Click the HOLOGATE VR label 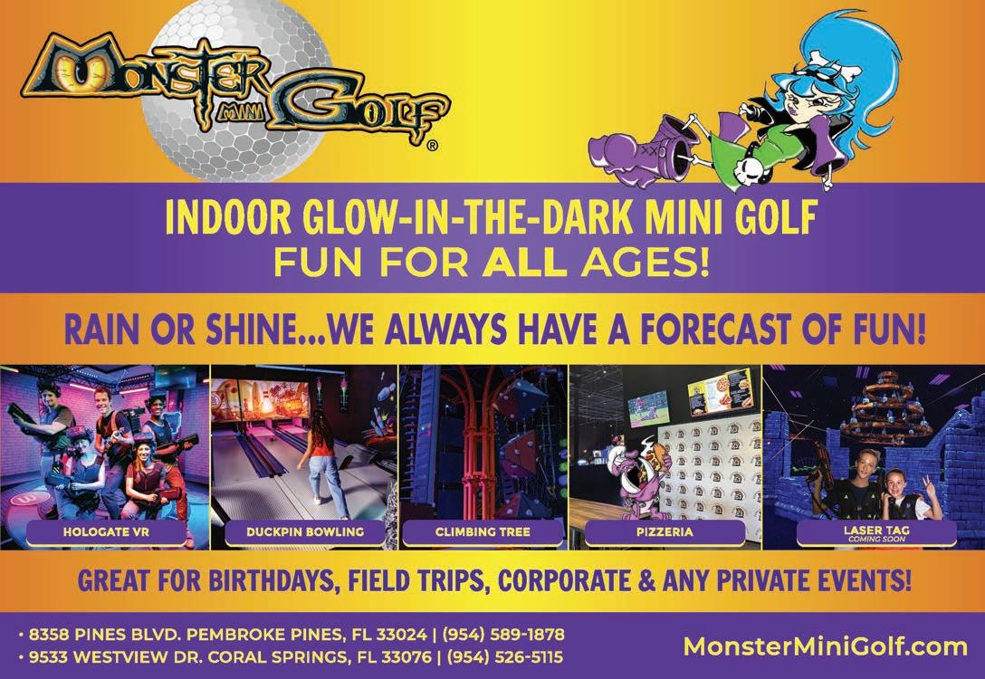106,532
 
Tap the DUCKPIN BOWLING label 305,532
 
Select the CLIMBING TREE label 483,532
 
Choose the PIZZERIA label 665,532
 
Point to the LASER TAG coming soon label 876,533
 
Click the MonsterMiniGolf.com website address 826,646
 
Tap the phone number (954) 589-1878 503,635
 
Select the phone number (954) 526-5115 504,657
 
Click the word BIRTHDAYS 274,581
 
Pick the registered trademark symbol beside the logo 432,147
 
